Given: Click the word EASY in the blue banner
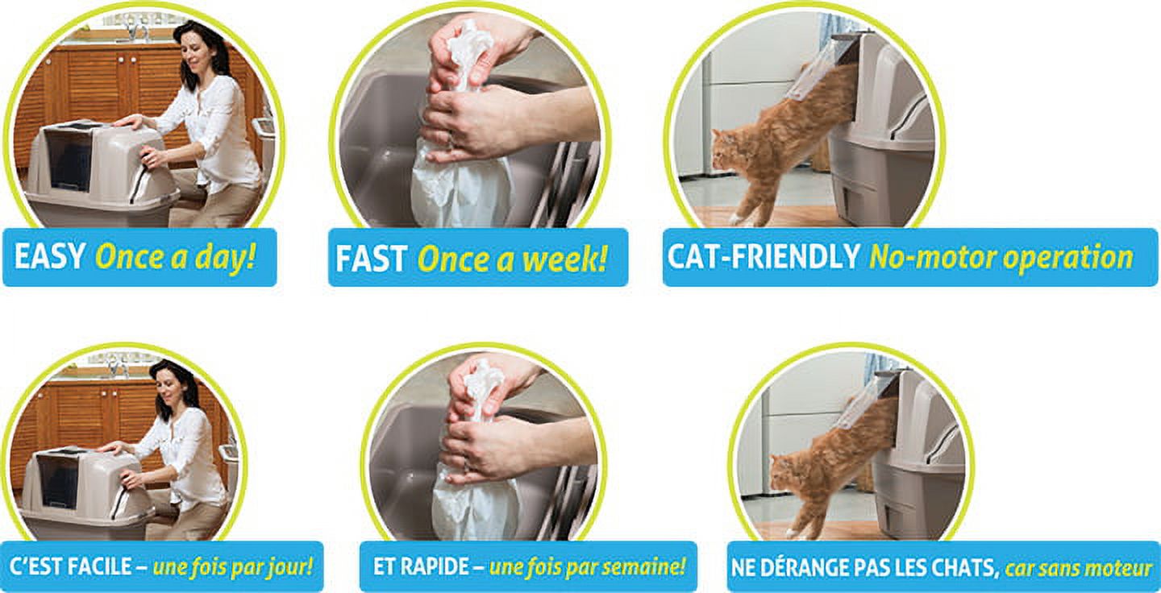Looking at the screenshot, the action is coord(50,256).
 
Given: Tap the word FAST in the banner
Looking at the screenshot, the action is coord(371,258).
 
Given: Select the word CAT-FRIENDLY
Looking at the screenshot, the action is coord(764,256).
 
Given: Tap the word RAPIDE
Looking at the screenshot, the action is coord(439,566).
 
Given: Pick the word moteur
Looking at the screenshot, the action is coord(1120,568).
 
